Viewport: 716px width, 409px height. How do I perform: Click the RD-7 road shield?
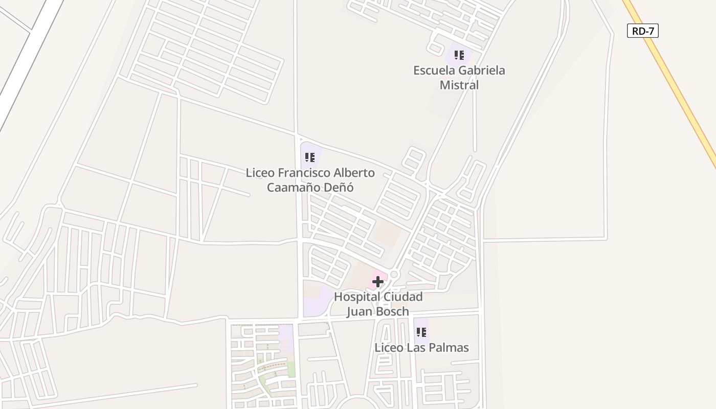tap(642, 31)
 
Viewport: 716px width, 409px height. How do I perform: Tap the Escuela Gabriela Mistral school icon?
tap(459, 55)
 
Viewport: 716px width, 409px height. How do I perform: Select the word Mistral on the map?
tap(459, 85)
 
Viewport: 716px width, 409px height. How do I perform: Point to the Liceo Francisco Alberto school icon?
tap(309, 157)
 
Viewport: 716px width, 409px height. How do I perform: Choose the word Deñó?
tap(339, 188)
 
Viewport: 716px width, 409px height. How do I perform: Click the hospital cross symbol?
tap(378, 282)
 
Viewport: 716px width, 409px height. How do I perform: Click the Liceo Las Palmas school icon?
tap(421, 332)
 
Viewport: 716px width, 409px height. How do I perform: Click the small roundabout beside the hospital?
tap(393, 275)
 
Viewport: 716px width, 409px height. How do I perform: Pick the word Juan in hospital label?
tap(357, 311)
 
